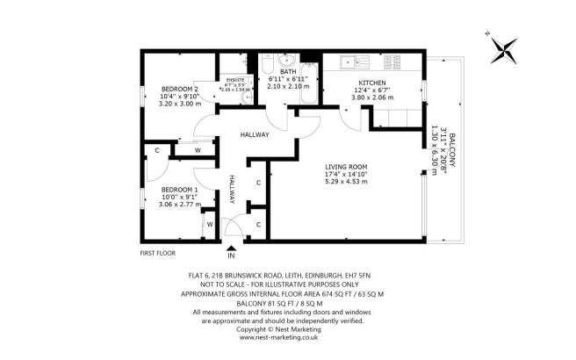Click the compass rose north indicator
pyautogui.click(x=503, y=47)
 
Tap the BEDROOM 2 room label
pyautogui.click(x=179, y=90)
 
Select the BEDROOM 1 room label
pyautogui.click(x=178, y=190)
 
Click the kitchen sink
pyautogui.click(x=349, y=61)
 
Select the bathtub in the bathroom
pyautogui.click(x=311, y=83)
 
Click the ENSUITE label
pyautogui.click(x=234, y=79)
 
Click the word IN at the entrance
pyautogui.click(x=232, y=256)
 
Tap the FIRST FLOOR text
pyautogui.click(x=158, y=253)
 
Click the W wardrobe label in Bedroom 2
pyautogui.click(x=197, y=149)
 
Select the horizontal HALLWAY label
pyautogui.click(x=255, y=134)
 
